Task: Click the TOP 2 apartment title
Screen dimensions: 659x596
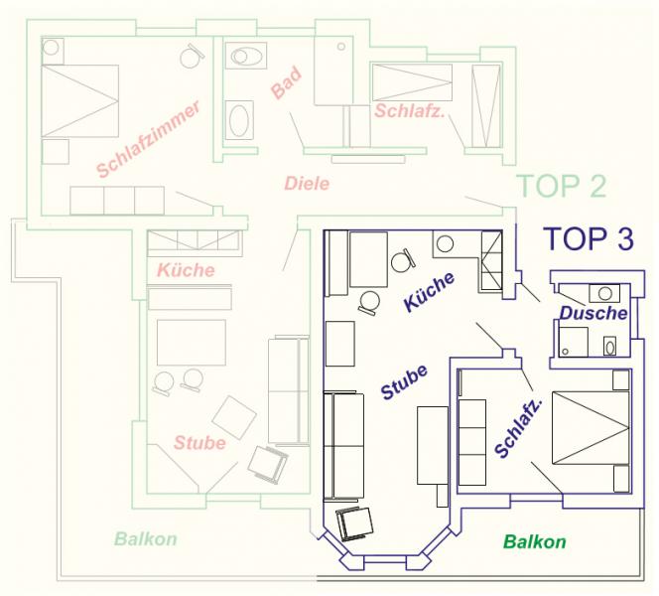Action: [563, 186]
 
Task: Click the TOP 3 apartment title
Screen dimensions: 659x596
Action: [589, 238]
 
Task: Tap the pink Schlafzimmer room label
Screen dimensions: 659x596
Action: [148, 139]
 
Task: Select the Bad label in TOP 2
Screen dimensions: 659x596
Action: [286, 82]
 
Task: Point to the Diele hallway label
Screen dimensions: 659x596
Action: [307, 184]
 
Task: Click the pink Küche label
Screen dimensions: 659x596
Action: [186, 270]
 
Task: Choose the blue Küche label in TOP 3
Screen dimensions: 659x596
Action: [429, 291]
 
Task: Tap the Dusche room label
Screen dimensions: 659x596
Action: [593, 313]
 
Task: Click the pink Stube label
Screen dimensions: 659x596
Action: [199, 442]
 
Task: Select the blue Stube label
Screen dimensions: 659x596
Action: [404, 381]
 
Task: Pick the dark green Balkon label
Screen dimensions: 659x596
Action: [535, 541]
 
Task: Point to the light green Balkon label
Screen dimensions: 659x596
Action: [146, 538]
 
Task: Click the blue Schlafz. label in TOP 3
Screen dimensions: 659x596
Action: [518, 426]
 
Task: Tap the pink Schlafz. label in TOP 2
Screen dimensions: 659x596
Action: [409, 111]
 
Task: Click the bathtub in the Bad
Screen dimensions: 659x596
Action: [239, 120]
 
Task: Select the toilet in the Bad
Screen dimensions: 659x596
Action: [246, 56]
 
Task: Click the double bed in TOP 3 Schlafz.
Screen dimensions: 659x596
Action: [591, 428]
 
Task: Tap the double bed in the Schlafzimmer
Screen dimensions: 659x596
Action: [79, 101]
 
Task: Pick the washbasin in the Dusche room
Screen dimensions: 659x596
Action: [604, 293]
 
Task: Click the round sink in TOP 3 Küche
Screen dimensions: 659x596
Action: [445, 243]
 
